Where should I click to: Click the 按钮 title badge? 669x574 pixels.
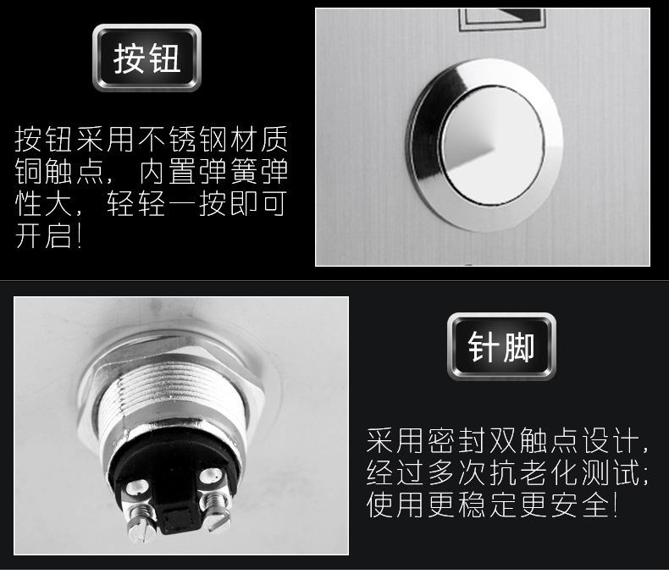[147, 58]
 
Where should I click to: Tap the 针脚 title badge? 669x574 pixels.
[501, 347]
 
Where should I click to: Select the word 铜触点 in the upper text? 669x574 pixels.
[60, 171]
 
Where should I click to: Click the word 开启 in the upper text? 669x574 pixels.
[43, 235]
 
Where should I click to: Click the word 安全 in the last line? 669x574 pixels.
[579, 505]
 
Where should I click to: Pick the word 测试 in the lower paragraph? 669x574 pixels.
[611, 472]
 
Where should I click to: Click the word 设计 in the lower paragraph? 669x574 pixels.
[611, 440]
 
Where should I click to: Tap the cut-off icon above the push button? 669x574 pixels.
[502, 19]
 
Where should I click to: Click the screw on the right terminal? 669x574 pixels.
[216, 511]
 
